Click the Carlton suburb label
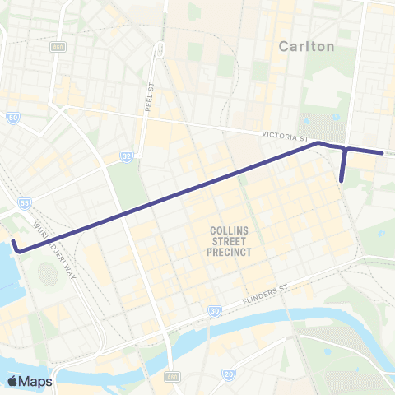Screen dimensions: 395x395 click(x=307, y=46)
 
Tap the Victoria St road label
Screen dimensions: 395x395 click(x=286, y=135)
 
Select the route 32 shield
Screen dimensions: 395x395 click(x=126, y=155)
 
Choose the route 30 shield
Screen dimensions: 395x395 click(x=214, y=311)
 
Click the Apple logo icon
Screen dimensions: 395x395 click(x=14, y=381)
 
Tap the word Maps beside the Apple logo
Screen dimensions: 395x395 click(x=37, y=381)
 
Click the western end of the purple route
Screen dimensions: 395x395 click(x=14, y=244)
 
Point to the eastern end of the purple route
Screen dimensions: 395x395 click(x=382, y=153)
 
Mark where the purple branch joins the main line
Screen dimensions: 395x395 click(x=346, y=150)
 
